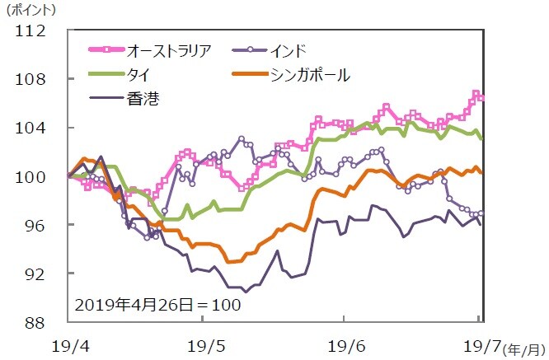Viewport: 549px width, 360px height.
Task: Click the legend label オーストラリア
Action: (x=170, y=51)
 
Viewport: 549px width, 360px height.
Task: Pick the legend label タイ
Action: (x=138, y=75)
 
